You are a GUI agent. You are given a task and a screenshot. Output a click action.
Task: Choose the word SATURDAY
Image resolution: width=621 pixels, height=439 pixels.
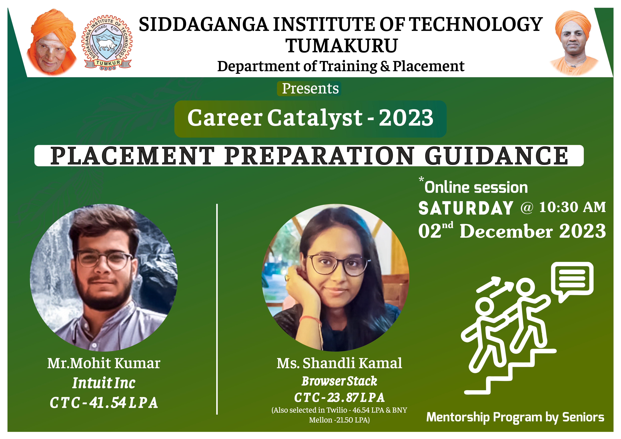tap(466, 208)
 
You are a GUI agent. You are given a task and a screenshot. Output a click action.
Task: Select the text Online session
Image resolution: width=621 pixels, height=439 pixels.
tap(476, 187)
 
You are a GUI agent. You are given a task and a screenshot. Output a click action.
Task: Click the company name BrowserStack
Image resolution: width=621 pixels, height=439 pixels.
tap(339, 381)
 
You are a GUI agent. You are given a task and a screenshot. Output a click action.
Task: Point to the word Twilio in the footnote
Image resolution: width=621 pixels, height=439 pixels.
tap(337, 410)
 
